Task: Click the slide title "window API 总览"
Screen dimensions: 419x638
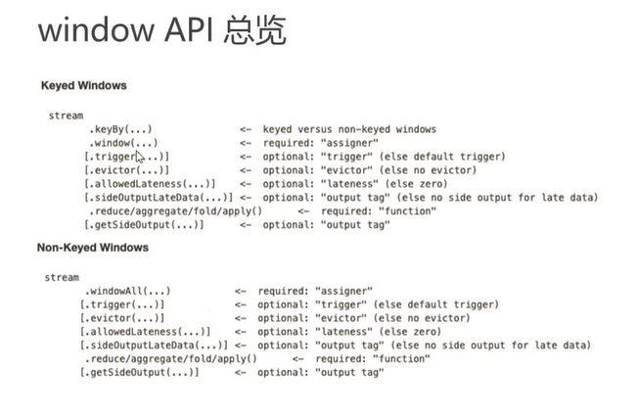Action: pos(161,31)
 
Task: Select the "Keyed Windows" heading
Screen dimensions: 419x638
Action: pos(83,86)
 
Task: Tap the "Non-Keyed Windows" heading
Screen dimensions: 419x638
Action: pos(93,248)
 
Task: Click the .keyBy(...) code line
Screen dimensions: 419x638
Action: pos(120,129)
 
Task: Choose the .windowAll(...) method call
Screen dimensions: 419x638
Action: pos(127,291)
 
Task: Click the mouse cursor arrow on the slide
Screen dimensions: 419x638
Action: pos(140,157)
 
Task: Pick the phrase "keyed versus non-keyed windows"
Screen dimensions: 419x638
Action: pos(349,129)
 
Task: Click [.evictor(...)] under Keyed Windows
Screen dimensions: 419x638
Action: pos(127,170)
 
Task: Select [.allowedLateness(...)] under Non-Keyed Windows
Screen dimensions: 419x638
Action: pos(145,332)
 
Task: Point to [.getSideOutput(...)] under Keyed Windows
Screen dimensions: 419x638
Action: pos(145,225)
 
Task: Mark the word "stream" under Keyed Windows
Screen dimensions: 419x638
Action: pos(66,116)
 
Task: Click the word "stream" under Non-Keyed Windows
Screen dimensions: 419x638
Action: pos(62,278)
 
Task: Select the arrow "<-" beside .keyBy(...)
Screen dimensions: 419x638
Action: pos(246,129)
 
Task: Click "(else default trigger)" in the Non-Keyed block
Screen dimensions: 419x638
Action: pos(441,304)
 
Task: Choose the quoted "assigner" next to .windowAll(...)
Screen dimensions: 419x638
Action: pos(342,291)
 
